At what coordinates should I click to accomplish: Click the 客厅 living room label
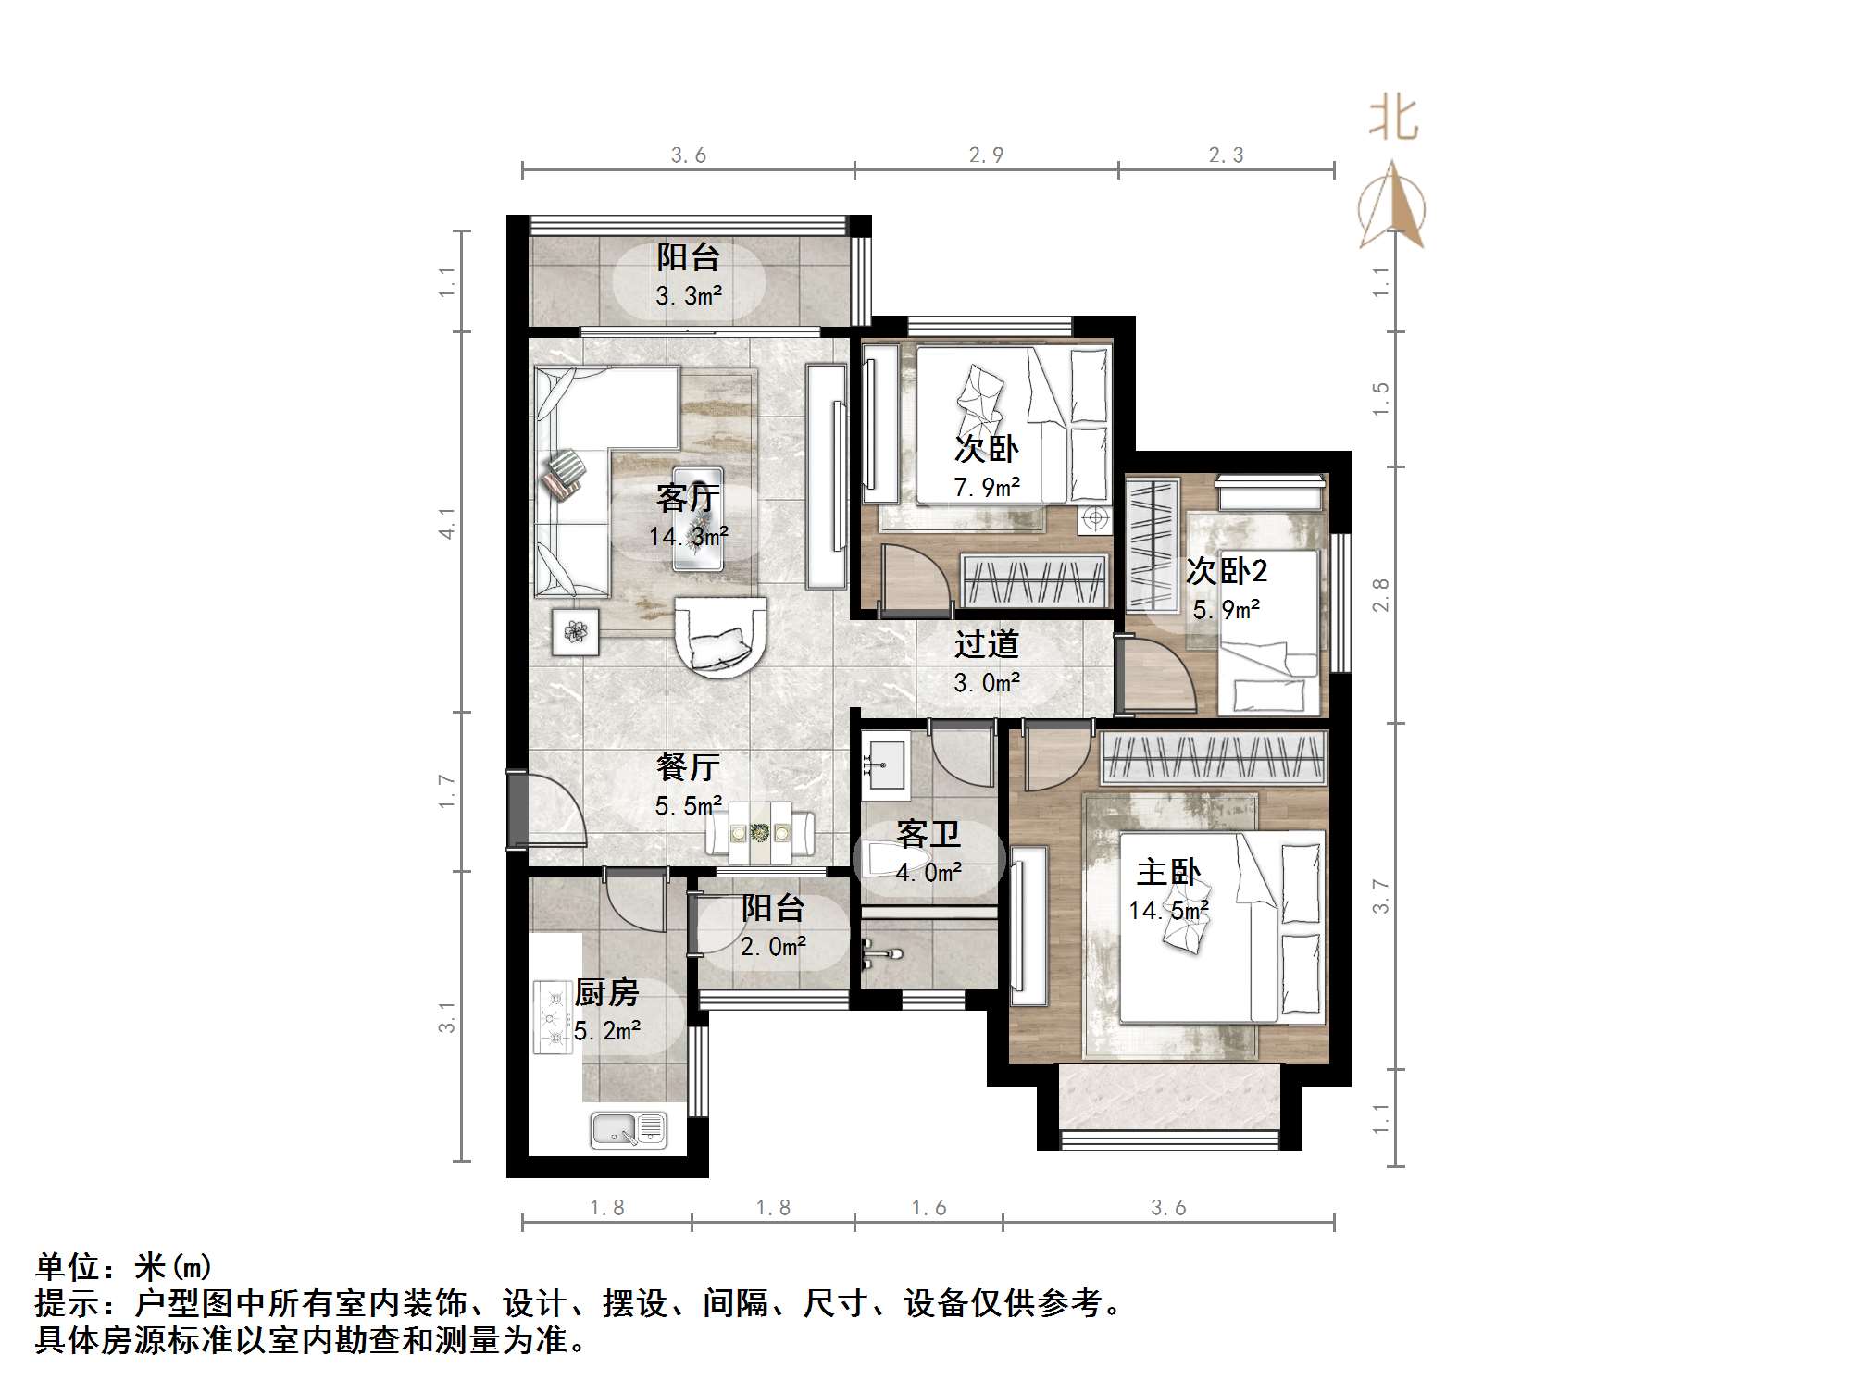[687, 498]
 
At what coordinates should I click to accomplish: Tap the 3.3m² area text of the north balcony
[689, 296]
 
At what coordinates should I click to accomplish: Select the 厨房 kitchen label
[607, 993]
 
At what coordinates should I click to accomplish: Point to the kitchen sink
[628, 1129]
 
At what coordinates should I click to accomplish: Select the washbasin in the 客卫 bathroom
[883, 765]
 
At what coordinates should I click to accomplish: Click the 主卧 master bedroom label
[1168, 872]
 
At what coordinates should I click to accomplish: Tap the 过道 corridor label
[987, 643]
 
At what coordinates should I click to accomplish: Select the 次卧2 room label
[1227, 571]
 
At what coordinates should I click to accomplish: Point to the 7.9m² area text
[987, 487]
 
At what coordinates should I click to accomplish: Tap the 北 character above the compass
[1393, 120]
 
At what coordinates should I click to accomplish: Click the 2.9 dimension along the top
[986, 155]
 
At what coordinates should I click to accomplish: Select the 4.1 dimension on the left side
[447, 523]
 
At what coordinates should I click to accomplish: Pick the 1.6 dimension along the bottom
[928, 1208]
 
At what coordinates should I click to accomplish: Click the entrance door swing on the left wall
[551, 810]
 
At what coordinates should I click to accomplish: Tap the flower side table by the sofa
[576, 632]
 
